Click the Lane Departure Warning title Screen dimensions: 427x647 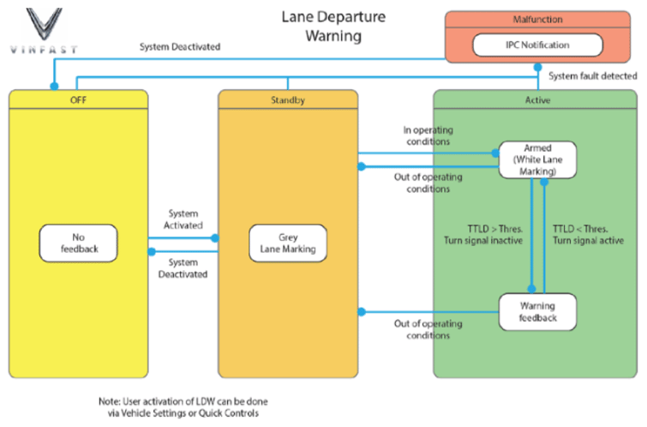(x=333, y=27)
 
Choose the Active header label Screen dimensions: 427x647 (x=536, y=100)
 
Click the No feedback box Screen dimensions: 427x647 (x=78, y=243)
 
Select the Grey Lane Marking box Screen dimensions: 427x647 (x=287, y=243)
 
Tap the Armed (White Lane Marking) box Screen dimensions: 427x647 (x=537, y=159)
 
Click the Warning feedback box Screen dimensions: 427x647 (x=537, y=312)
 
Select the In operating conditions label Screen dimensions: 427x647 (x=428, y=135)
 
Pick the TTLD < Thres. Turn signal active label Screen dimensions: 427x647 (x=588, y=235)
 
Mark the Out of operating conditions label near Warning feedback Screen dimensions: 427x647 (x=428, y=329)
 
